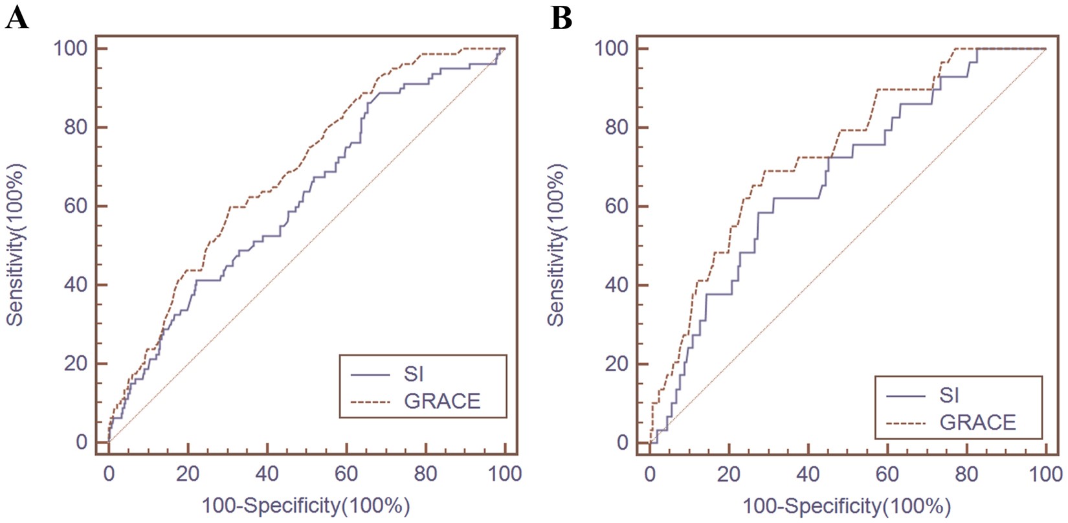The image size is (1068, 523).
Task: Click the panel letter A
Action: [x=17, y=17]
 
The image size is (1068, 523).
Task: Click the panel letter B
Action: [x=561, y=17]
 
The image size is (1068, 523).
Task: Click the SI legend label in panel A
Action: [x=413, y=374]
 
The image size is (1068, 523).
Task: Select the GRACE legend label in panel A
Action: [x=442, y=401]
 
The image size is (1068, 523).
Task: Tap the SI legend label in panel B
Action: [x=949, y=395]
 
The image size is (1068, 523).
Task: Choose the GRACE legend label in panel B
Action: [x=977, y=423]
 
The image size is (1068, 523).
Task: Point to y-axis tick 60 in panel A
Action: [x=75, y=206]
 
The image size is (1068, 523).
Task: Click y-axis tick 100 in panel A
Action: [x=71, y=49]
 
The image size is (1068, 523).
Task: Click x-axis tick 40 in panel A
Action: [x=267, y=474]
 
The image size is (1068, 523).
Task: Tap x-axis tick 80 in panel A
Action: [x=425, y=474]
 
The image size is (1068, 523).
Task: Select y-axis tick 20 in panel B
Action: [x=616, y=364]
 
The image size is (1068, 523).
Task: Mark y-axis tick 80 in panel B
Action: [x=616, y=128]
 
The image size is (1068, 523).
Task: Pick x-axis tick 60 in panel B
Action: [x=887, y=474]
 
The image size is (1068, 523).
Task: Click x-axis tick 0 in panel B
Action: [x=650, y=474]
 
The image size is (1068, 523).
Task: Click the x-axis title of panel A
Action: [x=306, y=506]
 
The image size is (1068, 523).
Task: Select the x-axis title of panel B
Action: [x=847, y=506]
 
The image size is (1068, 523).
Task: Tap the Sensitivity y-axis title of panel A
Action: [x=16, y=245]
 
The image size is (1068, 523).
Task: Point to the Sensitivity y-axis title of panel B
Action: [x=556, y=245]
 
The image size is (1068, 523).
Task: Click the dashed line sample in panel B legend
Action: [x=906, y=423]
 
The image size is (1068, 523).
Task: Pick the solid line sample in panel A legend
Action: [x=370, y=374]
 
